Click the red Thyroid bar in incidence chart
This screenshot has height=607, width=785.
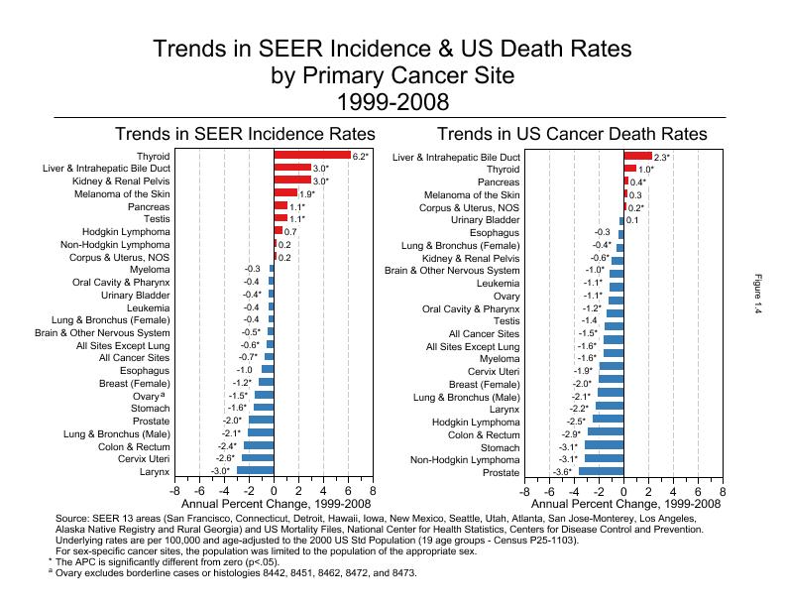pyautogui.click(x=312, y=156)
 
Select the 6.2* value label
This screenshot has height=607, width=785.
pyautogui.click(x=361, y=156)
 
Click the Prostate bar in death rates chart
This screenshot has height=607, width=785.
pyautogui.click(x=602, y=472)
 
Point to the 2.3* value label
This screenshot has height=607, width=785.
pyautogui.click(x=662, y=157)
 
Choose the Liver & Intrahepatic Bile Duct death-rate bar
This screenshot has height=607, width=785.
pyautogui.click(x=637, y=157)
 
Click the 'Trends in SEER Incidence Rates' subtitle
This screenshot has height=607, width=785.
pyautogui.click(x=245, y=134)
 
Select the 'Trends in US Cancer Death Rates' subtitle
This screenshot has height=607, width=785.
pyautogui.click(x=572, y=134)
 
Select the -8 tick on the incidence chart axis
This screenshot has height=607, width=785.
pyautogui.click(x=175, y=491)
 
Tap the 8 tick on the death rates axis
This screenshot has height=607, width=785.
pyautogui.click(x=723, y=491)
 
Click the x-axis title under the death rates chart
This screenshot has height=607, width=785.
pyautogui.click(x=623, y=504)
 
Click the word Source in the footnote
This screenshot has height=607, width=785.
pyautogui.click(x=74, y=519)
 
